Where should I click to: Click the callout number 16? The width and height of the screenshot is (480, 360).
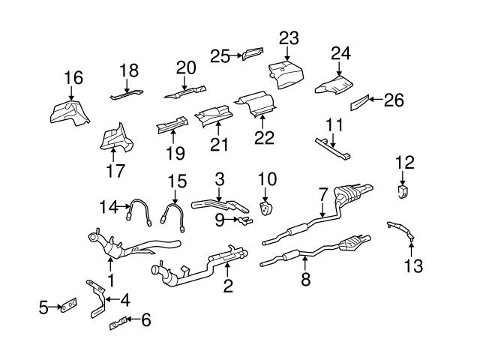pyautogui.click(x=73, y=78)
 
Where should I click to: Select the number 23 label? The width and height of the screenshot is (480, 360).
pyautogui.click(x=289, y=38)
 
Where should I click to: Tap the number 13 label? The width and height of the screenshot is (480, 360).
pyautogui.click(x=414, y=265)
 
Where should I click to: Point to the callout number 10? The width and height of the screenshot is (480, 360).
pyautogui.click(x=268, y=179)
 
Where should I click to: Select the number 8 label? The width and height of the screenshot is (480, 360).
pyautogui.click(x=306, y=280)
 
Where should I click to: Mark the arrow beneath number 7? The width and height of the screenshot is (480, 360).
pyautogui.click(x=322, y=208)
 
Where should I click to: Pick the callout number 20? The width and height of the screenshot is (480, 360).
pyautogui.click(x=185, y=67)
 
